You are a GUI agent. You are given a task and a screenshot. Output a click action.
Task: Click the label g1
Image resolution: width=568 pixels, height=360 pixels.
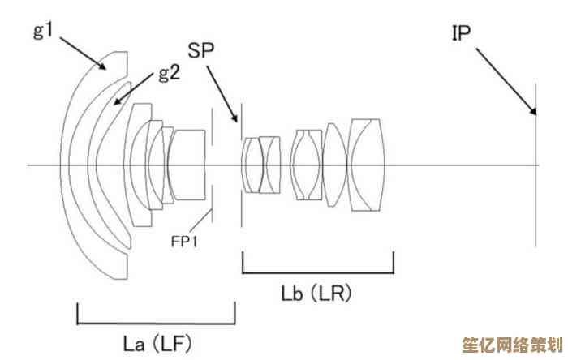coord(44,30)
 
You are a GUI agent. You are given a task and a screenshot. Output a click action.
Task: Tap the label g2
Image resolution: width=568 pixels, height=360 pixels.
coord(170,73)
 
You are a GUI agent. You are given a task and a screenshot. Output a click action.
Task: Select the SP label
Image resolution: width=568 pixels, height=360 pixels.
coord(201,50)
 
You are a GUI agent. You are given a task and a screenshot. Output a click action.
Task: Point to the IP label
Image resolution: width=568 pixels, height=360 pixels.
coord(462,32)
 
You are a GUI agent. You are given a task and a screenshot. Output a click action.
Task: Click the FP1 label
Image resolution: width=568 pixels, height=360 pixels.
coord(185,242)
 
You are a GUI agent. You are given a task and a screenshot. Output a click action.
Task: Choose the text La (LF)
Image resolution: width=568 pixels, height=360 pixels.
coord(157,344)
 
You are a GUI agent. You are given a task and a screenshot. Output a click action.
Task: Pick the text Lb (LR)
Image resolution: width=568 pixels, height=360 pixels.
coord(316,293)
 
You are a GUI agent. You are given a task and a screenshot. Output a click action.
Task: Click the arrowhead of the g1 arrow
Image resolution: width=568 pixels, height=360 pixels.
coord(102,66)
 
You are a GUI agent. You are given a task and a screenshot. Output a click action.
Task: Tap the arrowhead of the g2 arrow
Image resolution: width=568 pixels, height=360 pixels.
coord(117,101)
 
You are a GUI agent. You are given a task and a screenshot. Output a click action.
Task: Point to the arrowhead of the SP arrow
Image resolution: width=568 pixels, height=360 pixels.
coord(235,118)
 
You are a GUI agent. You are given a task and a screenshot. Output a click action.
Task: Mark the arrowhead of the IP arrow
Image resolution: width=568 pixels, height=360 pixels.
coord(533,111)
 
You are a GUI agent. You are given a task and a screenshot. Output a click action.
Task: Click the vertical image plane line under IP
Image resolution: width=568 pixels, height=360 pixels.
coord(536,165)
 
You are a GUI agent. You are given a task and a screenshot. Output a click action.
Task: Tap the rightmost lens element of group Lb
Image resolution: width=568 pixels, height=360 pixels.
coord(366,165)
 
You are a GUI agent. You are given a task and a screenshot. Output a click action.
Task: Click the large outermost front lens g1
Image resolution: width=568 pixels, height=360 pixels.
coord(93,165)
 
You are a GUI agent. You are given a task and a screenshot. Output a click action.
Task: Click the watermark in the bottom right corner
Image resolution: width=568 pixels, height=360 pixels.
coord(513,345)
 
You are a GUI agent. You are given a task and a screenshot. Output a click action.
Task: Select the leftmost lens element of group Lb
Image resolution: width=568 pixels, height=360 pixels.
coord(251,165)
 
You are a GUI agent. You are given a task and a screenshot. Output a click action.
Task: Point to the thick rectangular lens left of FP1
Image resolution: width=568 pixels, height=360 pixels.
coord(187,165)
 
